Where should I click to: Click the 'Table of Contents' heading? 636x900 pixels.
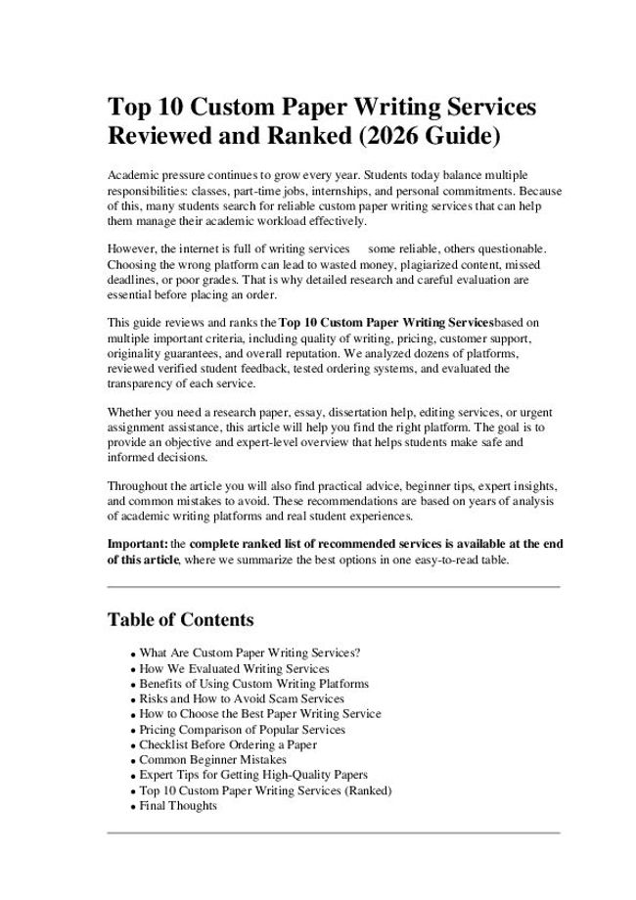[180, 619]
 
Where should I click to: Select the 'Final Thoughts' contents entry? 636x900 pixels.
[178, 806]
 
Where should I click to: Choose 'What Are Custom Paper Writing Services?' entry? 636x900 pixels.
[250, 652]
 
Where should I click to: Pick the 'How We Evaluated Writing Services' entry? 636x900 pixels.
[234, 668]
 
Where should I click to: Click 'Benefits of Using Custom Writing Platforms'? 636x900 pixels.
[253, 683]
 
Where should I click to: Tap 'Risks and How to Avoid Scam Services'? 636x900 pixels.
[242, 698]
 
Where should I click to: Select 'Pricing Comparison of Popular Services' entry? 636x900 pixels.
[242, 730]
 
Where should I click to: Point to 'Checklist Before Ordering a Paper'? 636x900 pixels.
[228, 744]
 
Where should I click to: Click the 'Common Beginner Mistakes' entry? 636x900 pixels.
[212, 760]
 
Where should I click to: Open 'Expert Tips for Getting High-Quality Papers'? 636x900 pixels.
[253, 775]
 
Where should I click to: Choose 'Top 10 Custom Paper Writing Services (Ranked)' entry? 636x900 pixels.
[265, 790]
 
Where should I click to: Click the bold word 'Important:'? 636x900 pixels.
[137, 543]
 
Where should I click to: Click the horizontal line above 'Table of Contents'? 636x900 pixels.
[333, 586]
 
